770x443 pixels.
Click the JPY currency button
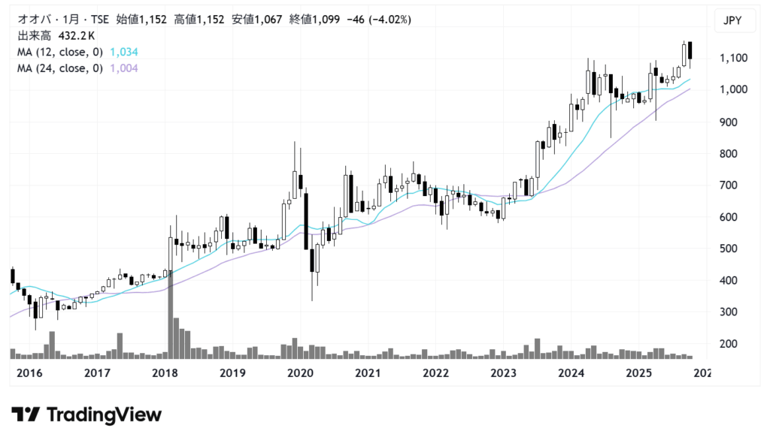click(x=732, y=20)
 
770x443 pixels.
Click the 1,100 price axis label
click(x=732, y=58)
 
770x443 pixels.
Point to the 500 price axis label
click(x=728, y=249)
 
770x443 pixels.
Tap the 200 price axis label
click(x=728, y=344)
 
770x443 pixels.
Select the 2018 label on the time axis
click(x=165, y=373)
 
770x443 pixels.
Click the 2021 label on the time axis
click(x=368, y=373)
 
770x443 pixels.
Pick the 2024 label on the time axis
click(x=572, y=373)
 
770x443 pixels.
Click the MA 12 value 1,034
click(x=124, y=52)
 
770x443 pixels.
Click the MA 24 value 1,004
click(x=124, y=68)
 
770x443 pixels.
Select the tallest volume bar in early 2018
click(x=170, y=315)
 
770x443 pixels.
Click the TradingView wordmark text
click(x=104, y=414)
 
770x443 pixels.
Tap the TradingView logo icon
click(x=26, y=414)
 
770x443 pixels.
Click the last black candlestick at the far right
click(x=690, y=51)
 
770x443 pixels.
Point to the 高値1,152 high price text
click(x=199, y=20)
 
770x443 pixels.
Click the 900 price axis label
click(x=728, y=122)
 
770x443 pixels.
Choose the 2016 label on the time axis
click(x=29, y=373)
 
